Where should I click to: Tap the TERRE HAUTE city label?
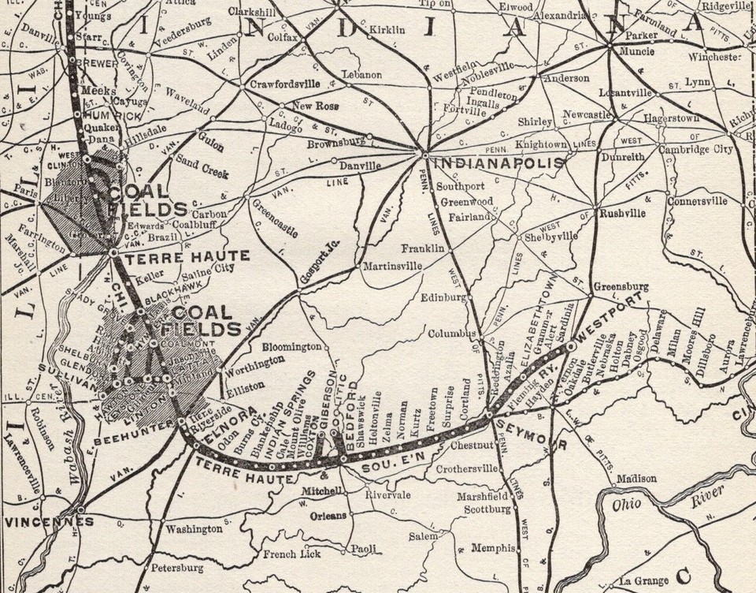187,255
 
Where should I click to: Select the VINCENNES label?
37,522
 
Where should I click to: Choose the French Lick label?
291,554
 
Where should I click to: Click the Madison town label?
636,478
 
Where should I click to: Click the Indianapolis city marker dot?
424,154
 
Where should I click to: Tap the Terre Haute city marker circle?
114,253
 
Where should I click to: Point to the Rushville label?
622,213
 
